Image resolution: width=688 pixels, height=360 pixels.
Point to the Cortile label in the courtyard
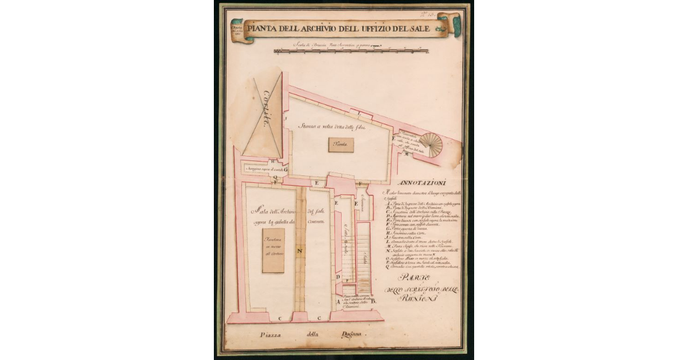[266, 105]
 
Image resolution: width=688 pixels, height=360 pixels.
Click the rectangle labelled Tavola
[341, 145]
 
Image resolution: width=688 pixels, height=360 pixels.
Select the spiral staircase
[431, 145]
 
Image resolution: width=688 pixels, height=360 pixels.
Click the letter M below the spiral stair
[406, 154]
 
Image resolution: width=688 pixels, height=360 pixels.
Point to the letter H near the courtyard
[273, 162]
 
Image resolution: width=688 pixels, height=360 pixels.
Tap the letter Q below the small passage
[275, 178]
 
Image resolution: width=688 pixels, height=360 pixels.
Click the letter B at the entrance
[373, 300]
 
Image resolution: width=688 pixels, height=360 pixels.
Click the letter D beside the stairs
[338, 278]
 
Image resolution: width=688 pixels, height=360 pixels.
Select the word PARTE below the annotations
[421, 279]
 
